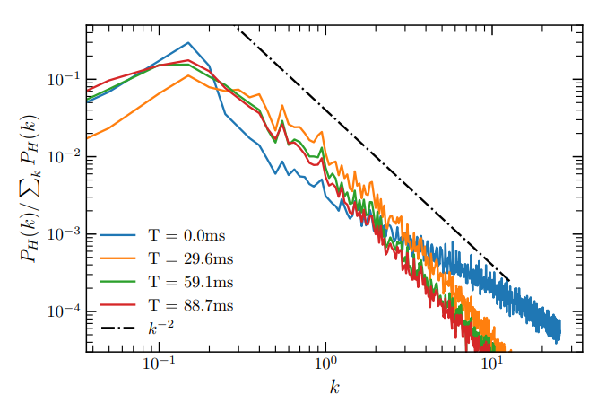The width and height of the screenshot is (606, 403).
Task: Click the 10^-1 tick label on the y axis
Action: tap(65, 78)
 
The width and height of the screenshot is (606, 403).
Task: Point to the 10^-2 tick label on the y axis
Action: tap(65, 156)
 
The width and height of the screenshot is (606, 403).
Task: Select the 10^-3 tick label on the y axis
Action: tap(65, 233)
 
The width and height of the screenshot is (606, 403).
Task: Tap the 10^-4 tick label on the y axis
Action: tap(65, 311)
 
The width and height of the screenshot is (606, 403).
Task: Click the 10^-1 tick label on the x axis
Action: tap(159, 365)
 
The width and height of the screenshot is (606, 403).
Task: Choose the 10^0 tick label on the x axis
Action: tap(325, 365)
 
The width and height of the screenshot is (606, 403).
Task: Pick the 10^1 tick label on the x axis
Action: tap(492, 365)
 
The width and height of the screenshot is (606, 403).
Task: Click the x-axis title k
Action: tap(333, 388)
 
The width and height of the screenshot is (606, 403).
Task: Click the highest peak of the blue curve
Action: tap(188, 42)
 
